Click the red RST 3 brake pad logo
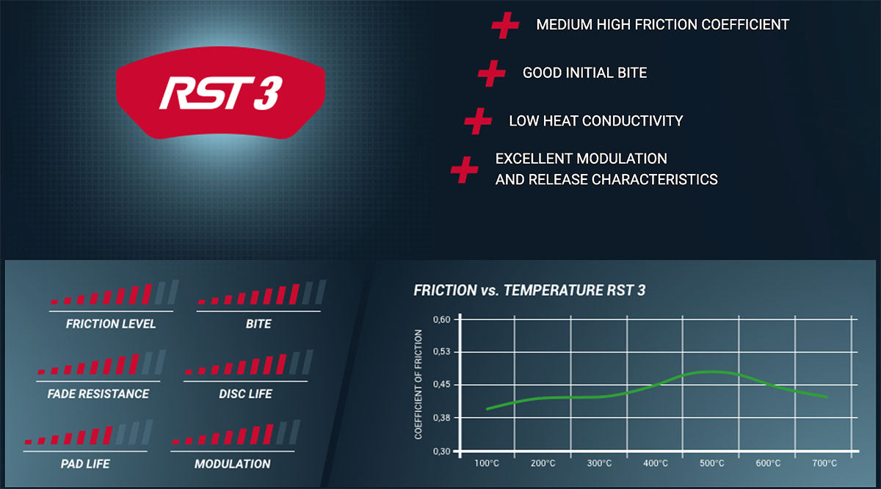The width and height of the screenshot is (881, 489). [221, 93]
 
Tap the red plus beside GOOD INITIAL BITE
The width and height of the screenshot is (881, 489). [492, 73]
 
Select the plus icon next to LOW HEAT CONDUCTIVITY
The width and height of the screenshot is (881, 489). [478, 121]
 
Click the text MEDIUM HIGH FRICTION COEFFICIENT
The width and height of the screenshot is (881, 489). [663, 24]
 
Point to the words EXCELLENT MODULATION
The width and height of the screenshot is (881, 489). [581, 159]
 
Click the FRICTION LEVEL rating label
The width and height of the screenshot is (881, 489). [111, 324]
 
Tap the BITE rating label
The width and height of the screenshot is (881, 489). [258, 324]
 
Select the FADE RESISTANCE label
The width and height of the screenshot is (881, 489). [98, 394]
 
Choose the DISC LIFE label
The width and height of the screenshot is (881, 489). [245, 394]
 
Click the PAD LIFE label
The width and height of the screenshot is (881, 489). [85, 464]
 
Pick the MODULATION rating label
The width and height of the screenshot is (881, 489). [233, 464]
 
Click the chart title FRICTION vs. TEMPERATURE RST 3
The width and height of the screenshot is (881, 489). [529, 290]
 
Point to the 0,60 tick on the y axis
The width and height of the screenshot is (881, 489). [442, 319]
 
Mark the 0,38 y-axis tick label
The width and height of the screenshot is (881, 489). [442, 418]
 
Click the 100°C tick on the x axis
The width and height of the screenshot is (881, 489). [487, 463]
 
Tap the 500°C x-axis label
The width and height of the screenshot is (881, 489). [712, 463]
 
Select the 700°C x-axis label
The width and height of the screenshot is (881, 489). [824, 463]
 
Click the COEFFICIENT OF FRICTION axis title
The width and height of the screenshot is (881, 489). [418, 384]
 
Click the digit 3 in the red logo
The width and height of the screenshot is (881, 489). [268, 93]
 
